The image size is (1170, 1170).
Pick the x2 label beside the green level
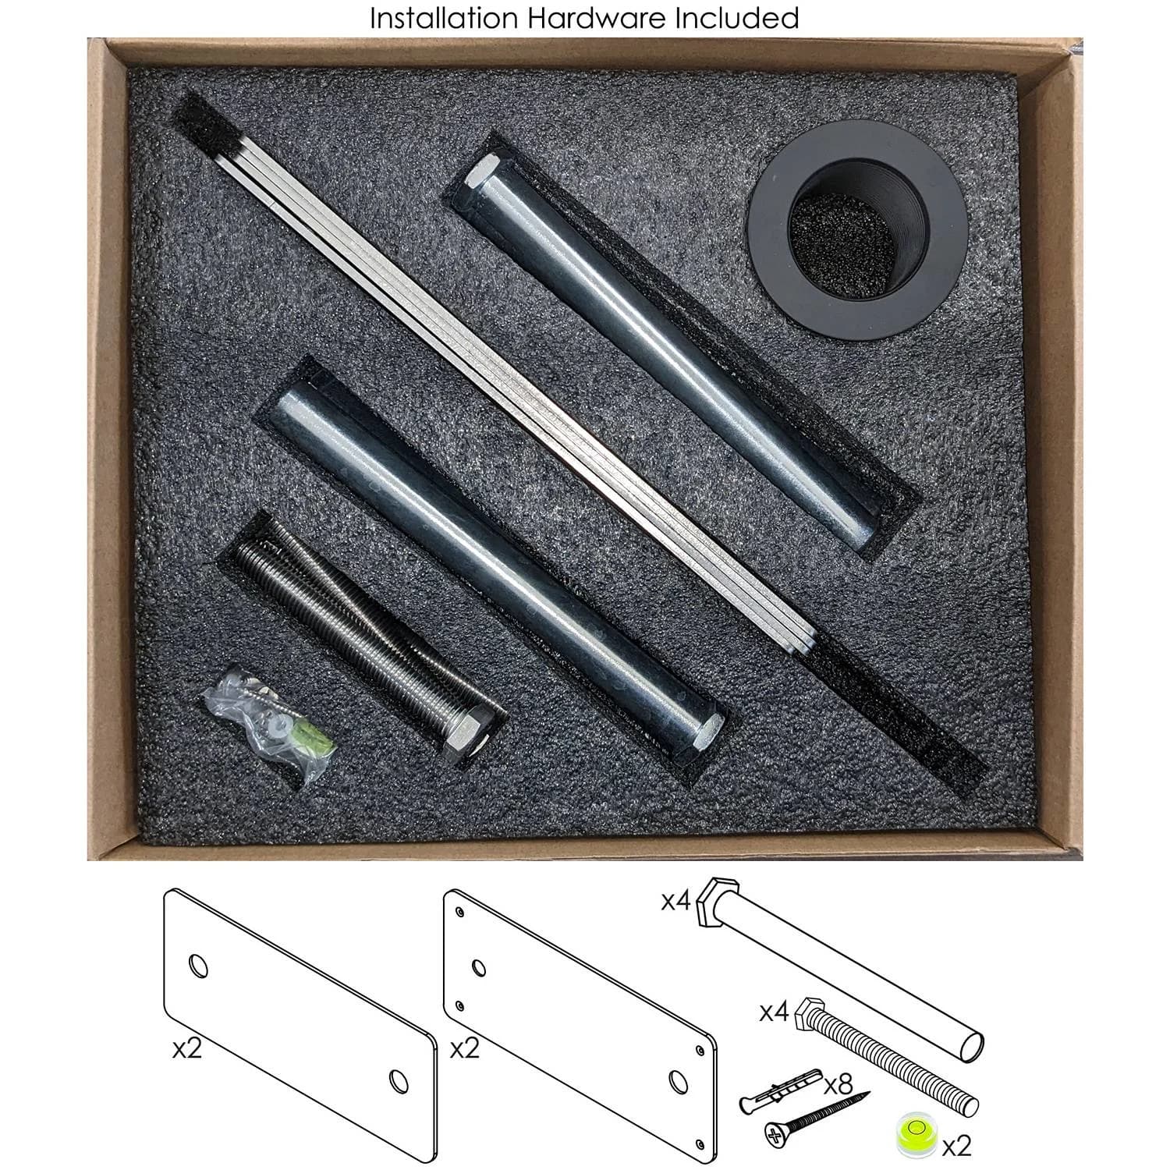(956, 1147)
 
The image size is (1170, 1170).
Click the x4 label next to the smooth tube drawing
(676, 902)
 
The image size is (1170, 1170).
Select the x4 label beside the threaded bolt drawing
(775, 1013)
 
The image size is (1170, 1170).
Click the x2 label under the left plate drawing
(187, 1048)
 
